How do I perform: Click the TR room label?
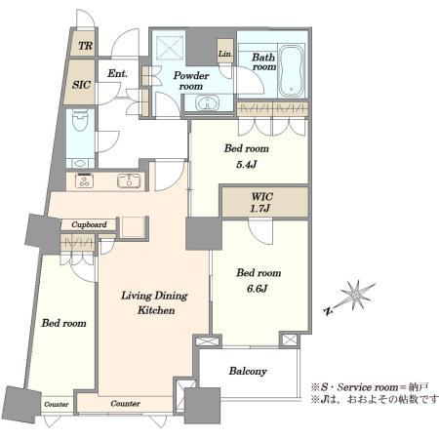coord(86,46)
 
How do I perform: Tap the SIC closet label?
coord(81,85)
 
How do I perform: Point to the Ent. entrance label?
coord(117,73)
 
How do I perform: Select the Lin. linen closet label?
coord(225,54)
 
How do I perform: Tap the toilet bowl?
coord(80,120)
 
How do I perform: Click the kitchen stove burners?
coord(85,180)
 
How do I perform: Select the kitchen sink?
coord(129,180)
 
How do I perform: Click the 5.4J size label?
coord(247,165)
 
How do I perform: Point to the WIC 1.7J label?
coord(261,202)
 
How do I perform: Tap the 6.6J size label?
coord(257,289)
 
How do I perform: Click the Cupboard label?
coord(89,224)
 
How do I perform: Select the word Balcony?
coord(248,372)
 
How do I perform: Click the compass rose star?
coord(356,296)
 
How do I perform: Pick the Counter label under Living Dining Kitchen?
coord(126,404)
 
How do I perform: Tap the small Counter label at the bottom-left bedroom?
coord(57,405)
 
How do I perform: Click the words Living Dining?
coord(154,296)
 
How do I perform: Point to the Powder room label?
coord(191,81)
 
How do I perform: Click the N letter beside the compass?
coord(329,311)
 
